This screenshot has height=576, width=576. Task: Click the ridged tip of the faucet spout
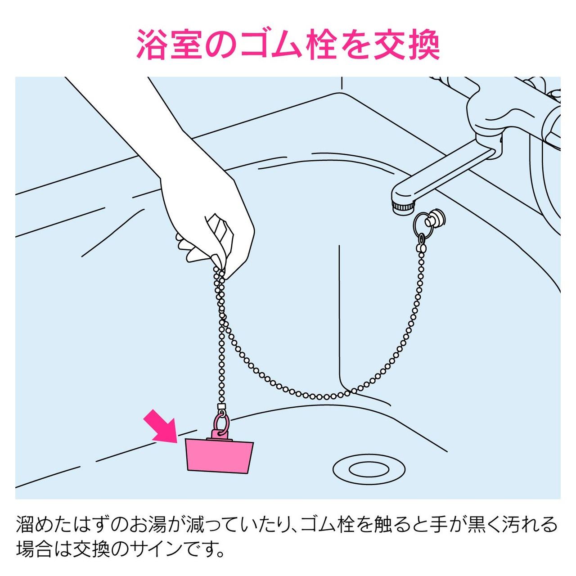coord(404,207)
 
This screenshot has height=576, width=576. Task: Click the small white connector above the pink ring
coord(220,407)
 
